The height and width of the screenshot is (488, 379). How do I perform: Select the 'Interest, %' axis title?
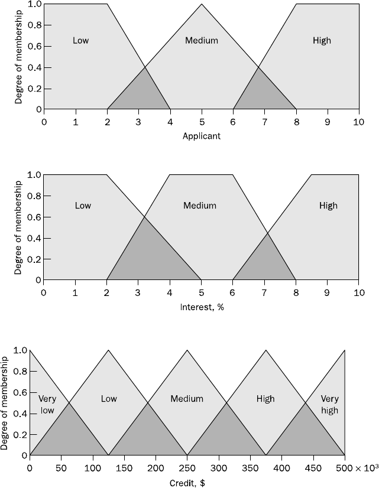[201, 307]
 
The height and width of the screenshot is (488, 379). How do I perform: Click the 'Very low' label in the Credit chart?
[47, 404]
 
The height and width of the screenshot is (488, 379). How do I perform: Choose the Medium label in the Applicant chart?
[202, 41]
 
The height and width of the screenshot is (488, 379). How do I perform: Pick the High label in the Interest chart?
[328, 206]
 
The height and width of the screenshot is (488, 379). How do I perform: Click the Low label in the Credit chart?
[109, 399]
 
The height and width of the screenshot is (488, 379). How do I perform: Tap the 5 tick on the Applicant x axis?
[202, 122]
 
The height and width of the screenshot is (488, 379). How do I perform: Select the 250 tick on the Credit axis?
[187, 468]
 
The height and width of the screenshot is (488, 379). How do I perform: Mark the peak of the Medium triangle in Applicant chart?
[202, 4]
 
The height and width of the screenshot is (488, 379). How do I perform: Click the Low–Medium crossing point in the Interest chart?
[144, 217]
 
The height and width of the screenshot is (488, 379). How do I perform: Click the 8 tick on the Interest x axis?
[296, 292]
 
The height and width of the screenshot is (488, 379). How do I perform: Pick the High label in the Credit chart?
[266, 399]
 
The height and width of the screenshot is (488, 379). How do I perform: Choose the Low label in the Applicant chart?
[81, 41]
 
